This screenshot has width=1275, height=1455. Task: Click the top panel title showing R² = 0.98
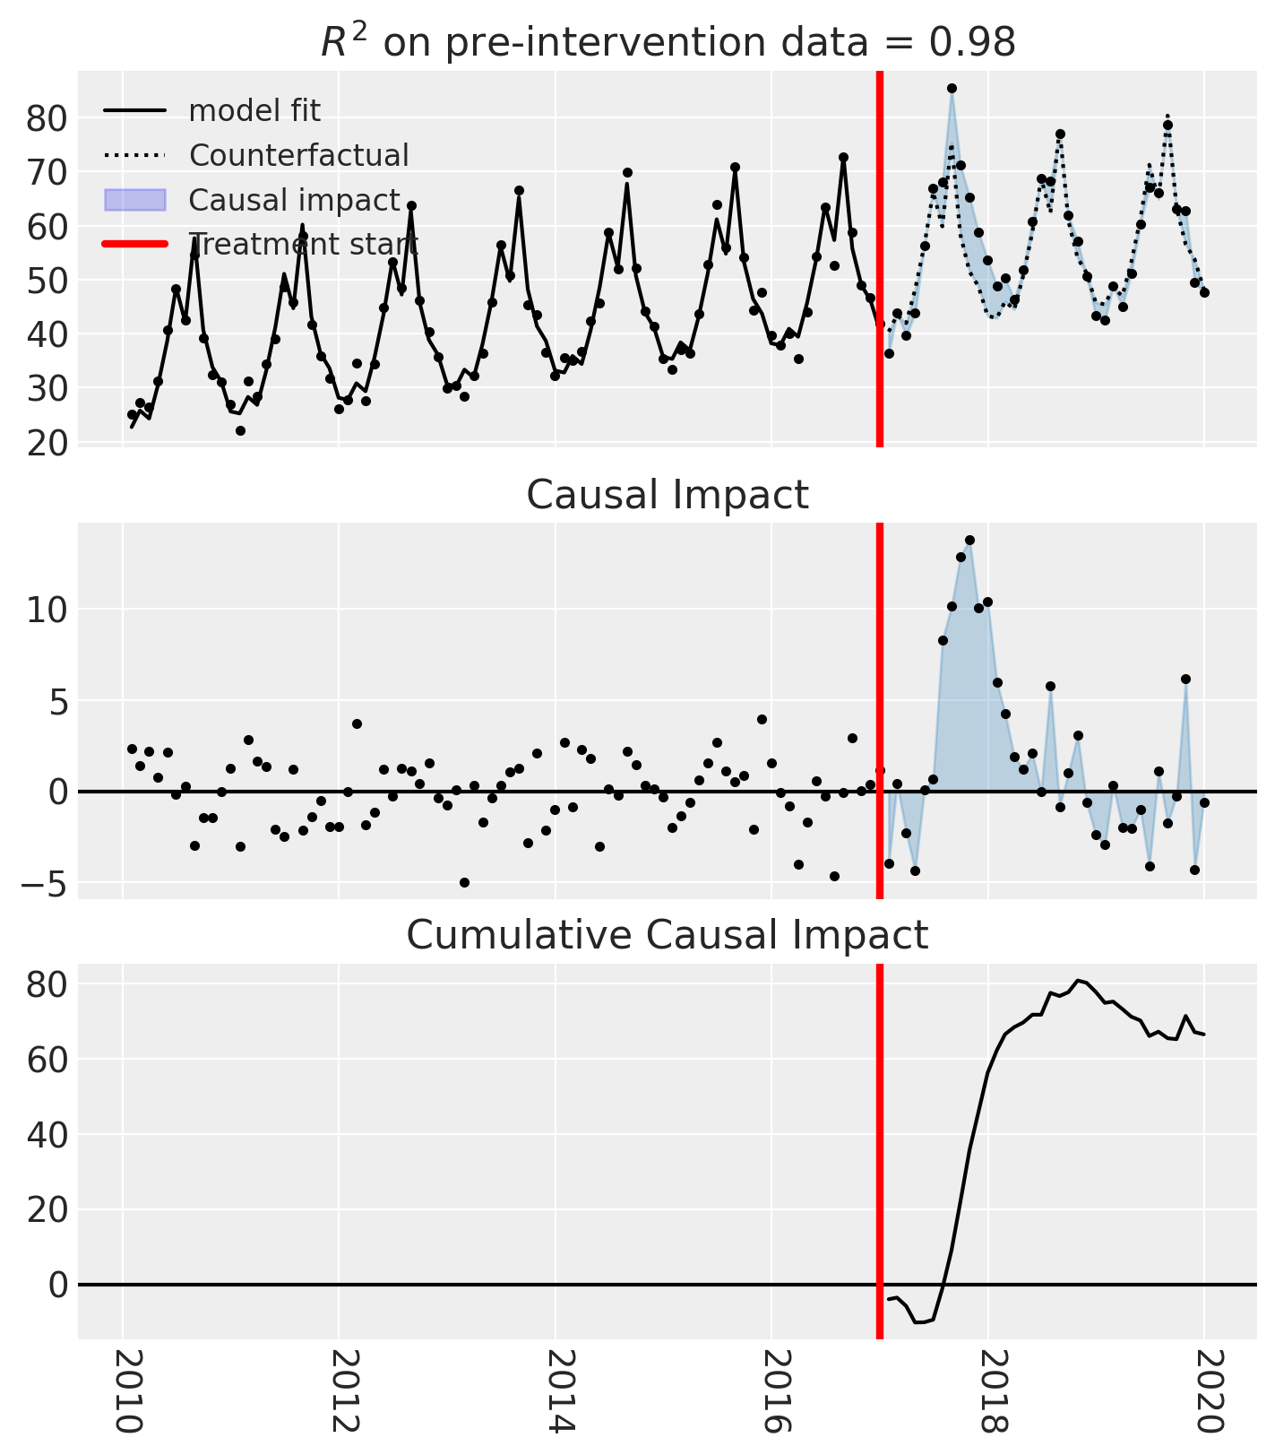tap(668, 42)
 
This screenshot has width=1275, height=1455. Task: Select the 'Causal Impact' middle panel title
tap(668, 495)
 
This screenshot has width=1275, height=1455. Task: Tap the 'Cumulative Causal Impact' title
tap(668, 936)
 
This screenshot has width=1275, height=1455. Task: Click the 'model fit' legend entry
tap(254, 111)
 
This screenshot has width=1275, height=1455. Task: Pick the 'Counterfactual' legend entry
tap(298, 156)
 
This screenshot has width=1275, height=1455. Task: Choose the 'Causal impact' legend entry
tap(293, 200)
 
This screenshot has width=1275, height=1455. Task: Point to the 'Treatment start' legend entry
tap(303, 244)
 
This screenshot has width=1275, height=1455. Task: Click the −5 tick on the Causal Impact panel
tap(45, 884)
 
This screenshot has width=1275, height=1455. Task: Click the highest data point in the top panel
tap(952, 88)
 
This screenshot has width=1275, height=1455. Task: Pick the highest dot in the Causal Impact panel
tap(969, 541)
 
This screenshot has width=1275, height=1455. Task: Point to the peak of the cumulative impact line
tap(1078, 981)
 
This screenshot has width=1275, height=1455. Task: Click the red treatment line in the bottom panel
tap(879, 1165)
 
